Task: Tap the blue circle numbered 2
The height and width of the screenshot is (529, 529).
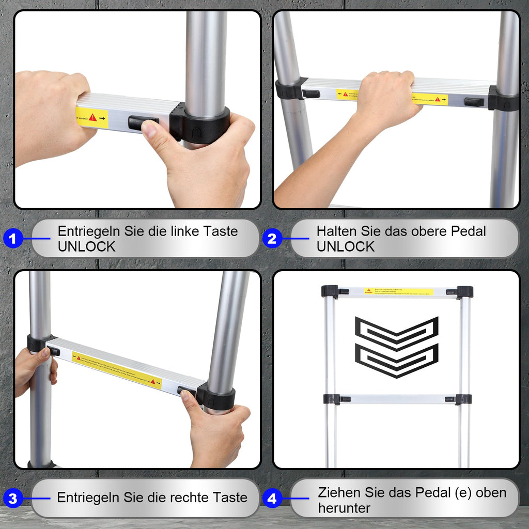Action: pyautogui.click(x=272, y=239)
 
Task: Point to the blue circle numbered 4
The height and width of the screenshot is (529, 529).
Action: pyautogui.click(x=272, y=499)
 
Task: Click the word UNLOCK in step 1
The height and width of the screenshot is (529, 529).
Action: pyautogui.click(x=86, y=247)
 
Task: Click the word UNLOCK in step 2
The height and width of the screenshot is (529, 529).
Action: pyautogui.click(x=346, y=247)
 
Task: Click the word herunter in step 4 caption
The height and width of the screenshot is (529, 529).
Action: pyautogui.click(x=344, y=508)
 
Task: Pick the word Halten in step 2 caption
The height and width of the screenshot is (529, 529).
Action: pyautogui.click(x=336, y=231)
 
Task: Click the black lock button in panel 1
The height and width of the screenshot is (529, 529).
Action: pyautogui.click(x=143, y=123)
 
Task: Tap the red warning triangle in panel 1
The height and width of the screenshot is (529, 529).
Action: pyautogui.click(x=93, y=118)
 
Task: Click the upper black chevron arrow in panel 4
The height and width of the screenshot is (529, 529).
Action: pyautogui.click(x=396, y=334)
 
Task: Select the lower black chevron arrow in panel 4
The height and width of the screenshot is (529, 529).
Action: pyautogui.click(x=396, y=361)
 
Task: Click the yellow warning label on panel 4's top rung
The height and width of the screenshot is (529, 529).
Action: pyautogui.click(x=398, y=292)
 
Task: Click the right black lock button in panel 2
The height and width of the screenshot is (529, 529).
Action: pyautogui.click(x=474, y=102)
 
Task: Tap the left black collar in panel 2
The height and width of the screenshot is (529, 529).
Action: pyautogui.click(x=289, y=89)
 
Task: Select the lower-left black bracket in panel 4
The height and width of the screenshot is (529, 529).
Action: pyautogui.click(x=332, y=399)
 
